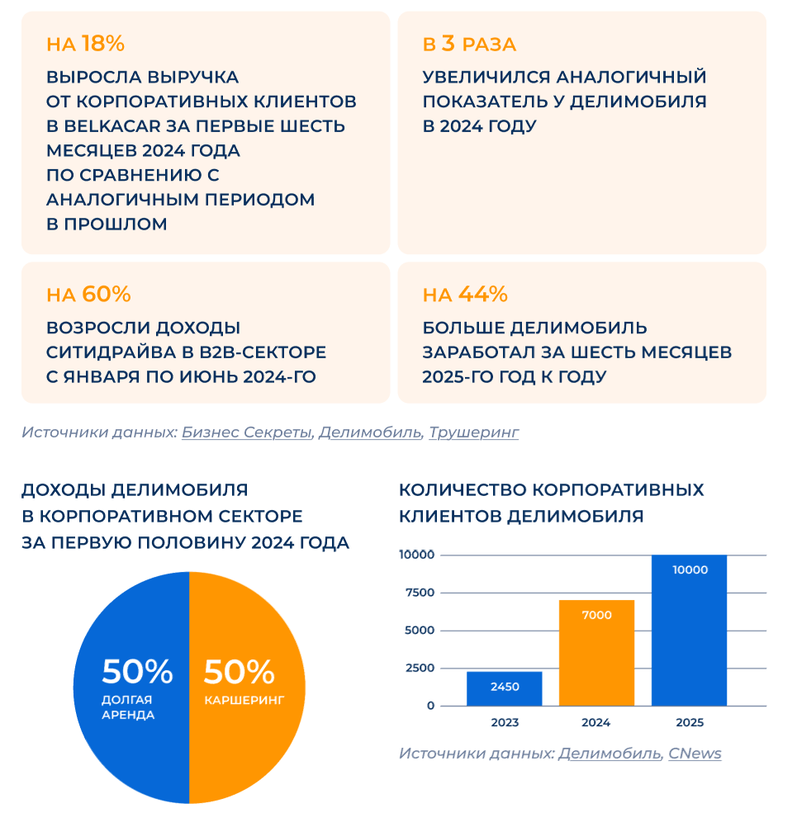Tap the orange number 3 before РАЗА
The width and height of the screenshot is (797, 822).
447,44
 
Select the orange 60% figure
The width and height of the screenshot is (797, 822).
106,295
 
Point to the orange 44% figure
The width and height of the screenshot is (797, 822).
482,295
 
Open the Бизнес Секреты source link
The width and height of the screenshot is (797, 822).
246,432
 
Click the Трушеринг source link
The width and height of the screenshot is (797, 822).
474,432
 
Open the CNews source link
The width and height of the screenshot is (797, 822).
695,753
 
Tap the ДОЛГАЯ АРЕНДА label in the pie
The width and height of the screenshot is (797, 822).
128,707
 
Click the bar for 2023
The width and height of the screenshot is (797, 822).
504,689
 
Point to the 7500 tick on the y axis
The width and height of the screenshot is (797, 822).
420,593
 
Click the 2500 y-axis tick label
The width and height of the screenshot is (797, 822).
420,668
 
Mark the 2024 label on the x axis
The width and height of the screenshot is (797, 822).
595,723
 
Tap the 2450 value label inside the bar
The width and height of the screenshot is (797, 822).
504,686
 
